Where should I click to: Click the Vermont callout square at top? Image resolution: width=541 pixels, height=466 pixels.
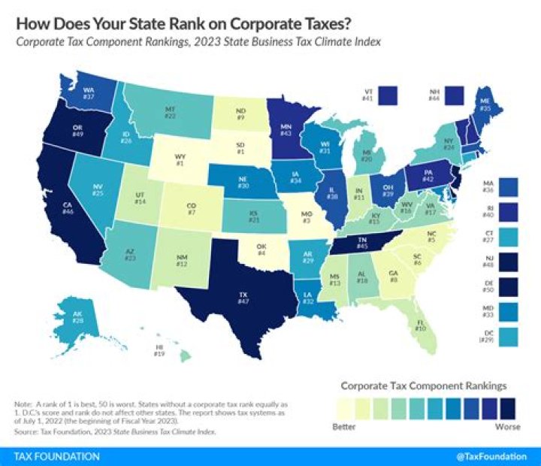tap(388, 95)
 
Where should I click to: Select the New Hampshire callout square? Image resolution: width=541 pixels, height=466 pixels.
tap(455, 95)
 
